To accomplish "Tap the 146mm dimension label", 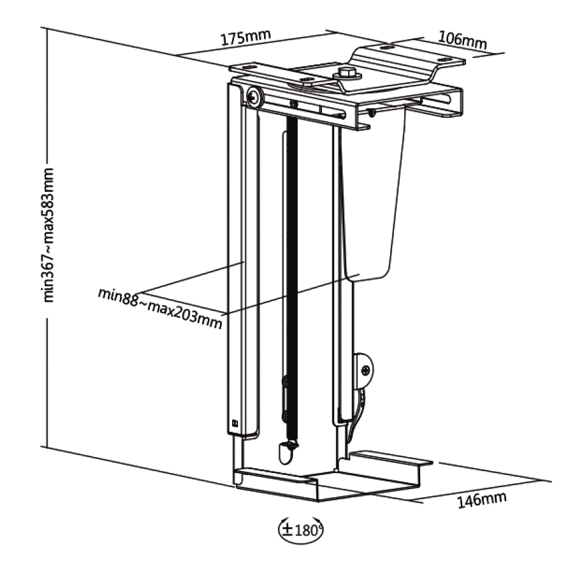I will pos(483,499).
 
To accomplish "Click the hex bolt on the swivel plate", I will pos(347,73).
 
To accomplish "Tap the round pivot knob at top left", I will pos(255,97).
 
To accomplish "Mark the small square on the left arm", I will pos(234,421).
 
